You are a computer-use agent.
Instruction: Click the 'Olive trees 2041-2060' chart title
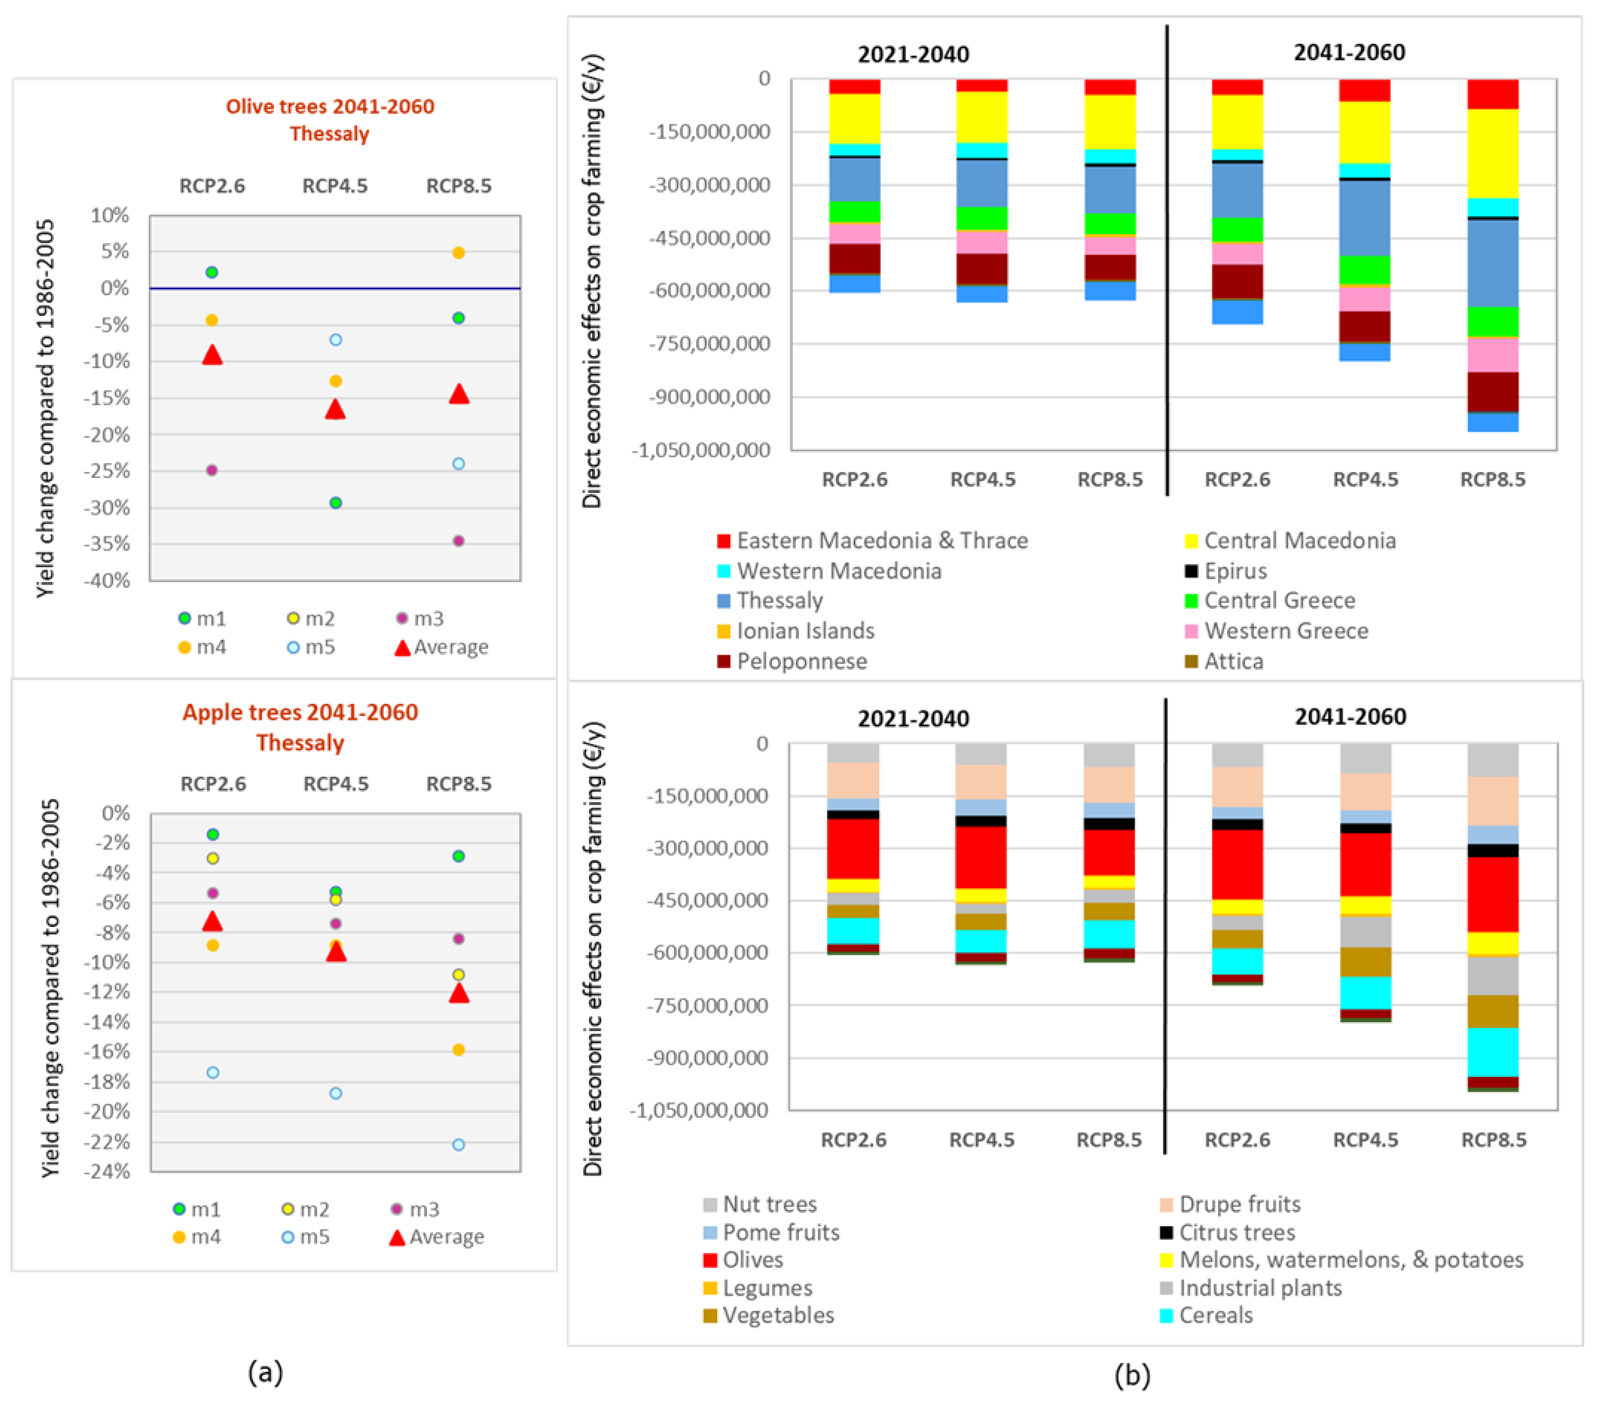329,107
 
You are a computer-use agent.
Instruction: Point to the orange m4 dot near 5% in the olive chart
459,253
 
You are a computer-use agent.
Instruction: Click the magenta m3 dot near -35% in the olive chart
459,541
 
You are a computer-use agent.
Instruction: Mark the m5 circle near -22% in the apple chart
459,1145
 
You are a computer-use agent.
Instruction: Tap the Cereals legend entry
1216,1315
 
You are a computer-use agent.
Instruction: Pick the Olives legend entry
753,1260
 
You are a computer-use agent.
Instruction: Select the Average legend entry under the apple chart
446,1237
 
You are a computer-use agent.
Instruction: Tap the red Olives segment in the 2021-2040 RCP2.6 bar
853,849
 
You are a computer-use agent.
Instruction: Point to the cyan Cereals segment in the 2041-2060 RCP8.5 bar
1493,1052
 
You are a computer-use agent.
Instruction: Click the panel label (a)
265,1373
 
